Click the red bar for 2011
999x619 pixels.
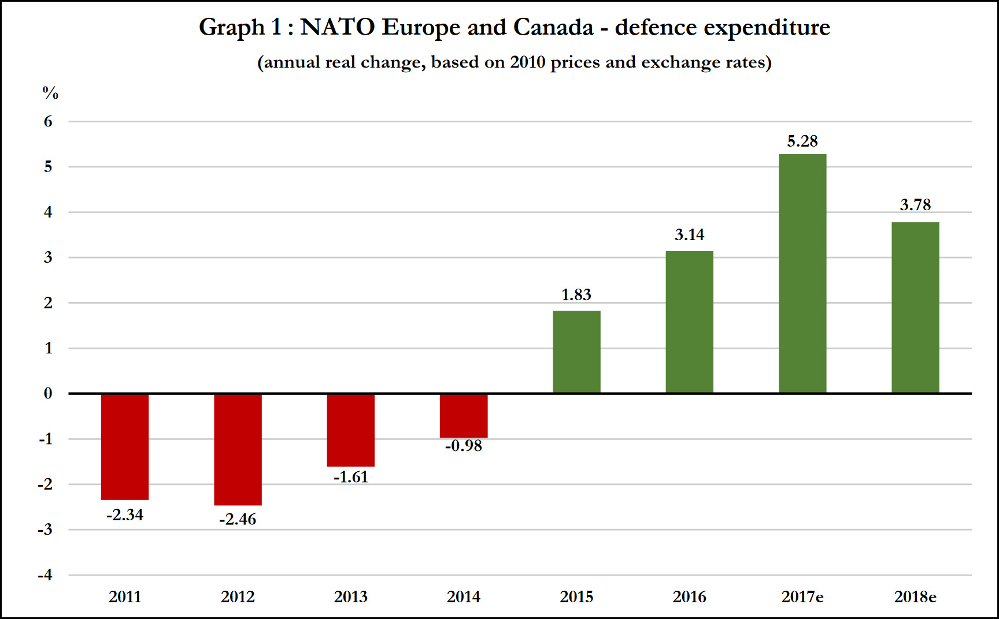pyautogui.click(x=125, y=446)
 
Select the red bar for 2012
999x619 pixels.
pyautogui.click(x=238, y=449)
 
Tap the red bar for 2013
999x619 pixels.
pyautogui.click(x=350, y=430)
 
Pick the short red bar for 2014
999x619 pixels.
pyautogui.click(x=464, y=416)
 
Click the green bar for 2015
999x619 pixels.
pyautogui.click(x=576, y=352)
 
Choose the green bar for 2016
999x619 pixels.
pyautogui.click(x=689, y=322)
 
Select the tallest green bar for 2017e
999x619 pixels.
pyautogui.click(x=802, y=274)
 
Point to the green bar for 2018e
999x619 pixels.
pyautogui.click(x=915, y=307)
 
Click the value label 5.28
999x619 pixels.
pyautogui.click(x=802, y=141)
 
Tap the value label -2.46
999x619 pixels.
pyautogui.click(x=238, y=520)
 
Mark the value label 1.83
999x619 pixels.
pyautogui.click(x=576, y=295)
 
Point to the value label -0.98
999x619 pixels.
pyautogui.click(x=464, y=446)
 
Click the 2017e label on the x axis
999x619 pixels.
pyautogui.click(x=802, y=596)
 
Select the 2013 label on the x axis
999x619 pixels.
pyautogui.click(x=350, y=596)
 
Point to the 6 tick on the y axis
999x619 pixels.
pyautogui.click(x=48, y=121)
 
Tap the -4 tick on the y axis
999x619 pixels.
pyautogui.click(x=45, y=575)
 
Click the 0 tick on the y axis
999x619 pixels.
pyautogui.click(x=48, y=393)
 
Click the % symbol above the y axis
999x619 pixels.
pyautogui.click(x=50, y=92)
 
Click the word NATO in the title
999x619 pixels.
pyautogui.click(x=337, y=27)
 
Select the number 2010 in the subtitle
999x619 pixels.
pyautogui.click(x=527, y=62)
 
